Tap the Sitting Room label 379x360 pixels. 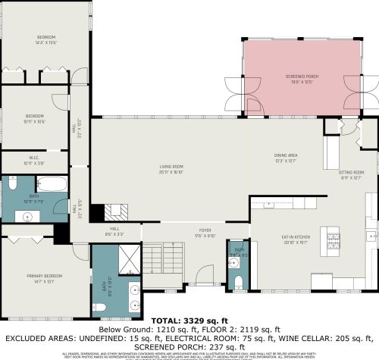[351, 172]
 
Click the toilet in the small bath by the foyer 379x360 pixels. [239, 282]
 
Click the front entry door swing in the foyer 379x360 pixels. [202, 277]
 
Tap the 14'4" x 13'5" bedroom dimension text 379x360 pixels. [47, 43]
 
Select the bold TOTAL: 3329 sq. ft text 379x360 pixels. [189, 321]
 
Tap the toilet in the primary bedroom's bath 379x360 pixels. [100, 308]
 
